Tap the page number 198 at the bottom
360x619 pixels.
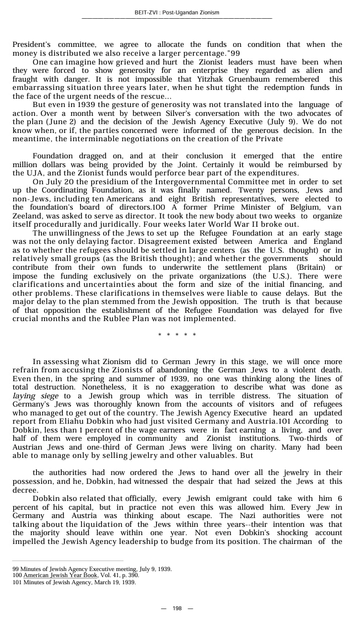tap(177, 608)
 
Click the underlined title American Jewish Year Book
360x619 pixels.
tap(60, 575)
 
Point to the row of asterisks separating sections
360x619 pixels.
tap(177, 335)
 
